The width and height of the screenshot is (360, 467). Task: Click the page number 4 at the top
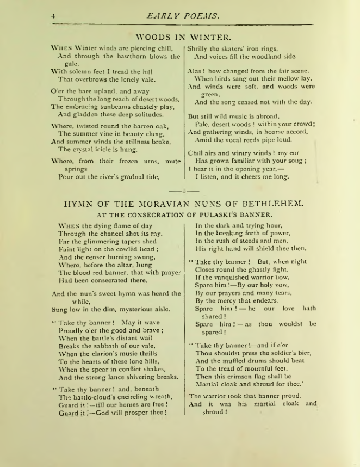click(x=53, y=16)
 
